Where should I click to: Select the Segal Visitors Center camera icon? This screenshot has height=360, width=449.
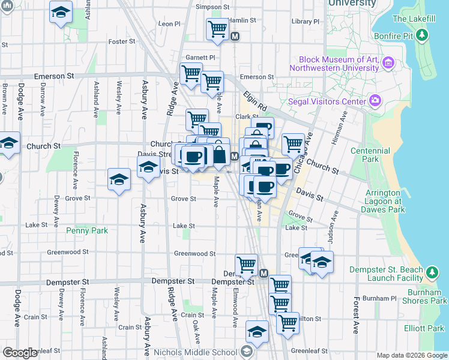click(x=375, y=101)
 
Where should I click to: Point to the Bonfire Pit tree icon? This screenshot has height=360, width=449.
click(x=423, y=35)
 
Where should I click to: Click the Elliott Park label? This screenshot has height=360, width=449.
click(x=424, y=328)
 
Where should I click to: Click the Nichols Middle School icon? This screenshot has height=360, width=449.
click(x=246, y=352)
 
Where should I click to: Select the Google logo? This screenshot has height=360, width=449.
click(x=20, y=353)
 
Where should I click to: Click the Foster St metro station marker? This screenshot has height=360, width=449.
click(x=235, y=36)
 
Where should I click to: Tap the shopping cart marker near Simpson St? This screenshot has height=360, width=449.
click(x=217, y=29)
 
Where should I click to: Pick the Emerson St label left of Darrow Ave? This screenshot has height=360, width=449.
click(x=53, y=77)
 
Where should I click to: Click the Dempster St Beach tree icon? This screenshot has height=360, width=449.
click(x=432, y=274)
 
